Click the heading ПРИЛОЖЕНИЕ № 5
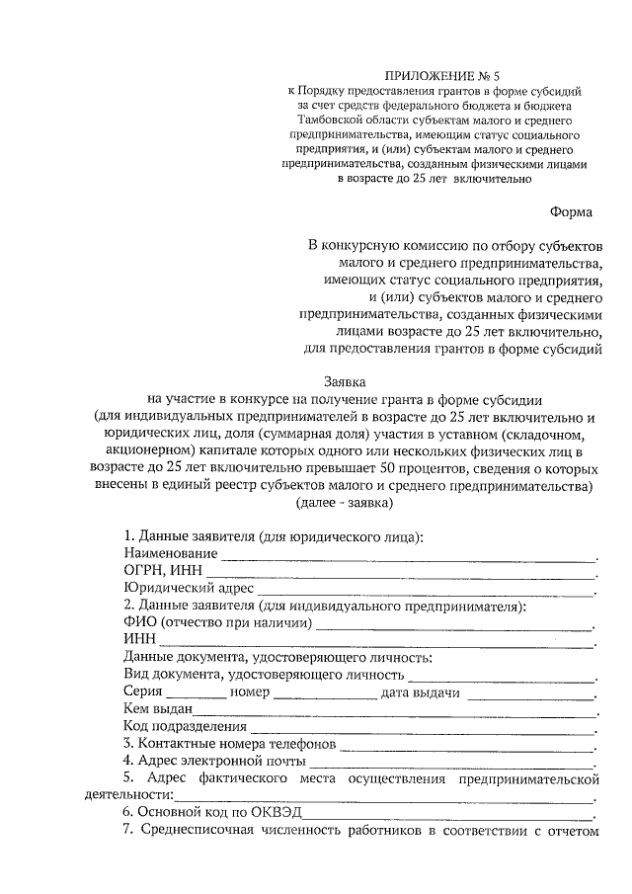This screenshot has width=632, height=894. tap(435, 73)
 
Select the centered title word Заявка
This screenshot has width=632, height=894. tap(343, 379)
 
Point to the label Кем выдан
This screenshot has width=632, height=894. tap(158, 710)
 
